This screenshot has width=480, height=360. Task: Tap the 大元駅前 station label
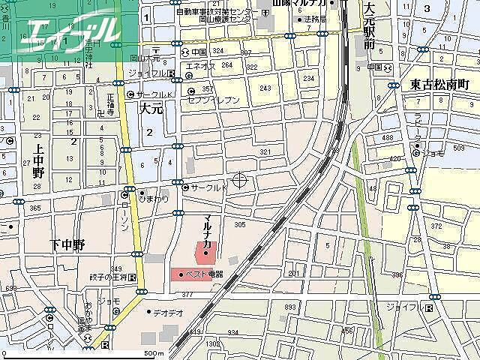click(368, 27)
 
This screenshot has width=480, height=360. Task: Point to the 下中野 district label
click(68, 244)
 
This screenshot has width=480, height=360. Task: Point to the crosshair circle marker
click(240, 179)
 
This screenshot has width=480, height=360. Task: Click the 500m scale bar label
click(153, 353)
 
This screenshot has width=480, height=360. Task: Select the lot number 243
click(265, 88)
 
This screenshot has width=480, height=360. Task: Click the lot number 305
click(239, 225)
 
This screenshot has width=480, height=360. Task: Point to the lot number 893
click(290, 307)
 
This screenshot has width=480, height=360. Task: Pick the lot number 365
click(34, 208)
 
